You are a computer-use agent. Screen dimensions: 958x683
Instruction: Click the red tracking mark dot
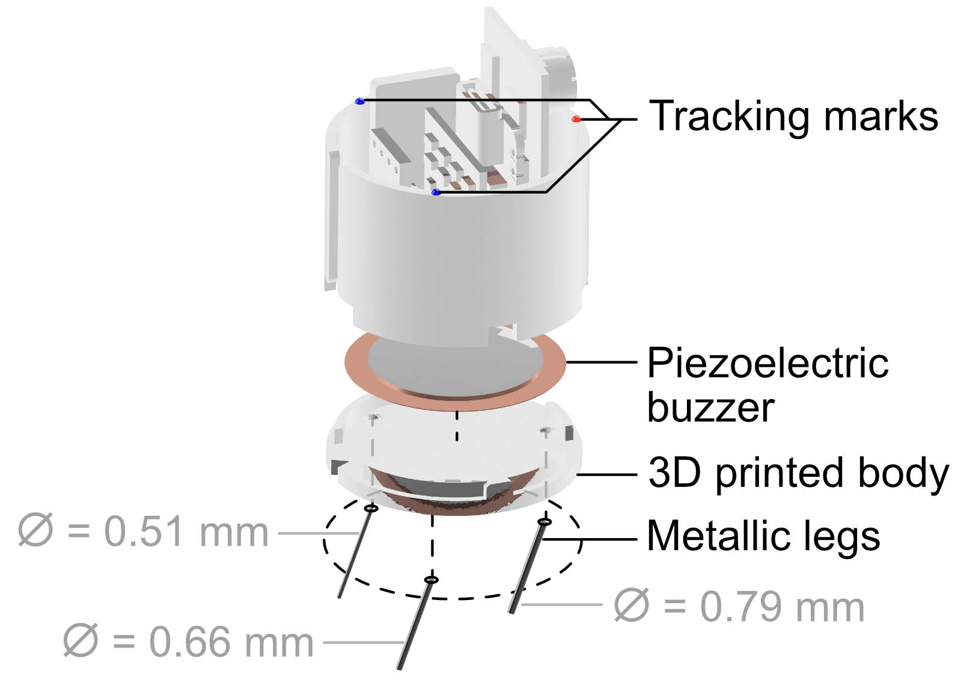576,119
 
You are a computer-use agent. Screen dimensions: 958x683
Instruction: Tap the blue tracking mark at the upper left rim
359,102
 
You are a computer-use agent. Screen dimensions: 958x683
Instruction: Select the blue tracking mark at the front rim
436,192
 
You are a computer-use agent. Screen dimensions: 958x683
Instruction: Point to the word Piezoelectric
768,363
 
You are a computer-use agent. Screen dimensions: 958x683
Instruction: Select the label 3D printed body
798,474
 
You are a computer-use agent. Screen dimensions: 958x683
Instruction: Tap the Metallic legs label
763,537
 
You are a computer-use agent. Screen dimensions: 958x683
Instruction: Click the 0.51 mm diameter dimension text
143,532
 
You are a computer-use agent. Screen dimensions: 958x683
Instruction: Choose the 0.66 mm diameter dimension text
188,642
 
